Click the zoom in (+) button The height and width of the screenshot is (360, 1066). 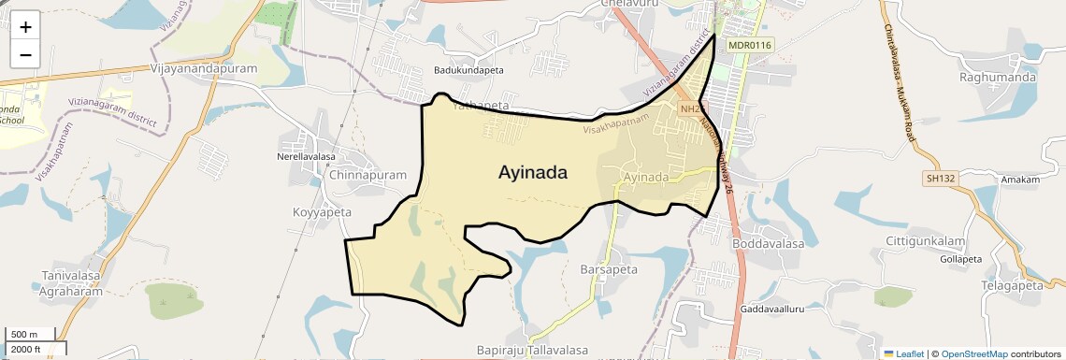pyautogui.click(x=25, y=26)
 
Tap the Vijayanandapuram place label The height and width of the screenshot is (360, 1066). pyautogui.click(x=203, y=69)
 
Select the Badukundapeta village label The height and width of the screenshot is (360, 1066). pyautogui.click(x=468, y=70)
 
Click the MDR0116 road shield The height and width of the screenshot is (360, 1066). pyautogui.click(x=748, y=45)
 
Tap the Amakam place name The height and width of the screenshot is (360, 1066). pyautogui.click(x=1019, y=180)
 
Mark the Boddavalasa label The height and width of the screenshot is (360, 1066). pyautogui.click(x=769, y=243)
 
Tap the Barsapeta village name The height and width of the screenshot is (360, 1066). pyautogui.click(x=609, y=269)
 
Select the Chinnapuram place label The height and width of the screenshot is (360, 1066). pyautogui.click(x=368, y=175)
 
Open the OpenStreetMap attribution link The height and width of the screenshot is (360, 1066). pyautogui.click(x=973, y=353)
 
